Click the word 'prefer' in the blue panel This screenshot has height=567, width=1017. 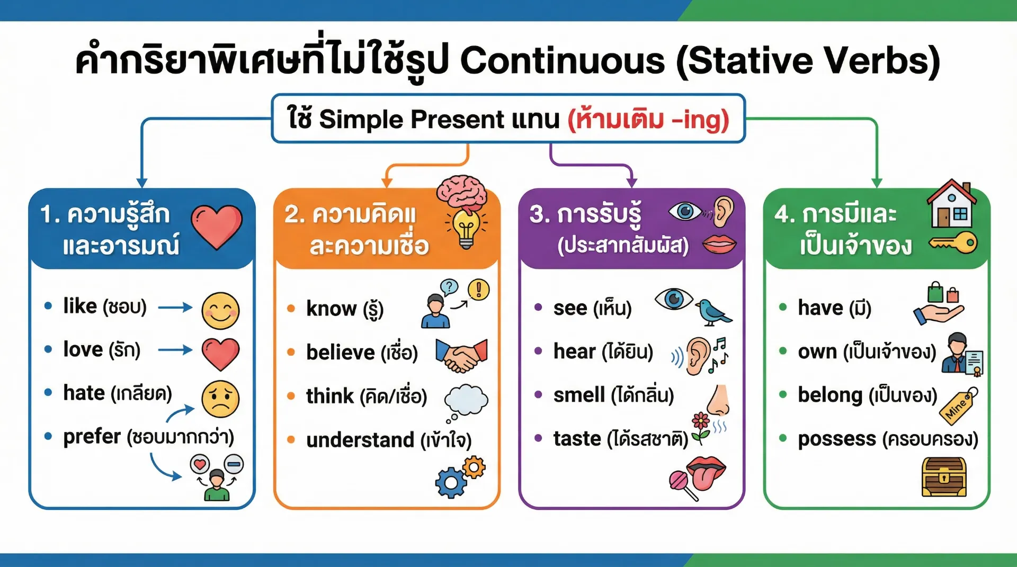(92, 437)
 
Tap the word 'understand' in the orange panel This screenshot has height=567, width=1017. (360, 440)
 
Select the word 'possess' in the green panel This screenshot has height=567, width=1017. (837, 439)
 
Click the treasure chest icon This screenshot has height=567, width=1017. (944, 477)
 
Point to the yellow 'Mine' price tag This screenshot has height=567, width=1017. (959, 406)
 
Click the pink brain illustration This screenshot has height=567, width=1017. (462, 192)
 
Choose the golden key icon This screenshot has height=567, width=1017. (953, 243)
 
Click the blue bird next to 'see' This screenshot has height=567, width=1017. (713, 312)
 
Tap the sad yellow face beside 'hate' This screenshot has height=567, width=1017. (220, 399)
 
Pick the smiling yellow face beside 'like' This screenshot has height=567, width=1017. (220, 311)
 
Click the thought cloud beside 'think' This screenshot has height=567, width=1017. (466, 400)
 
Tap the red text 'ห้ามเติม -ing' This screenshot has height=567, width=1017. (648, 119)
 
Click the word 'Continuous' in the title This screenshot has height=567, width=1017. (562, 60)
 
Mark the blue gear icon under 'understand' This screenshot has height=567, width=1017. (451, 482)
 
